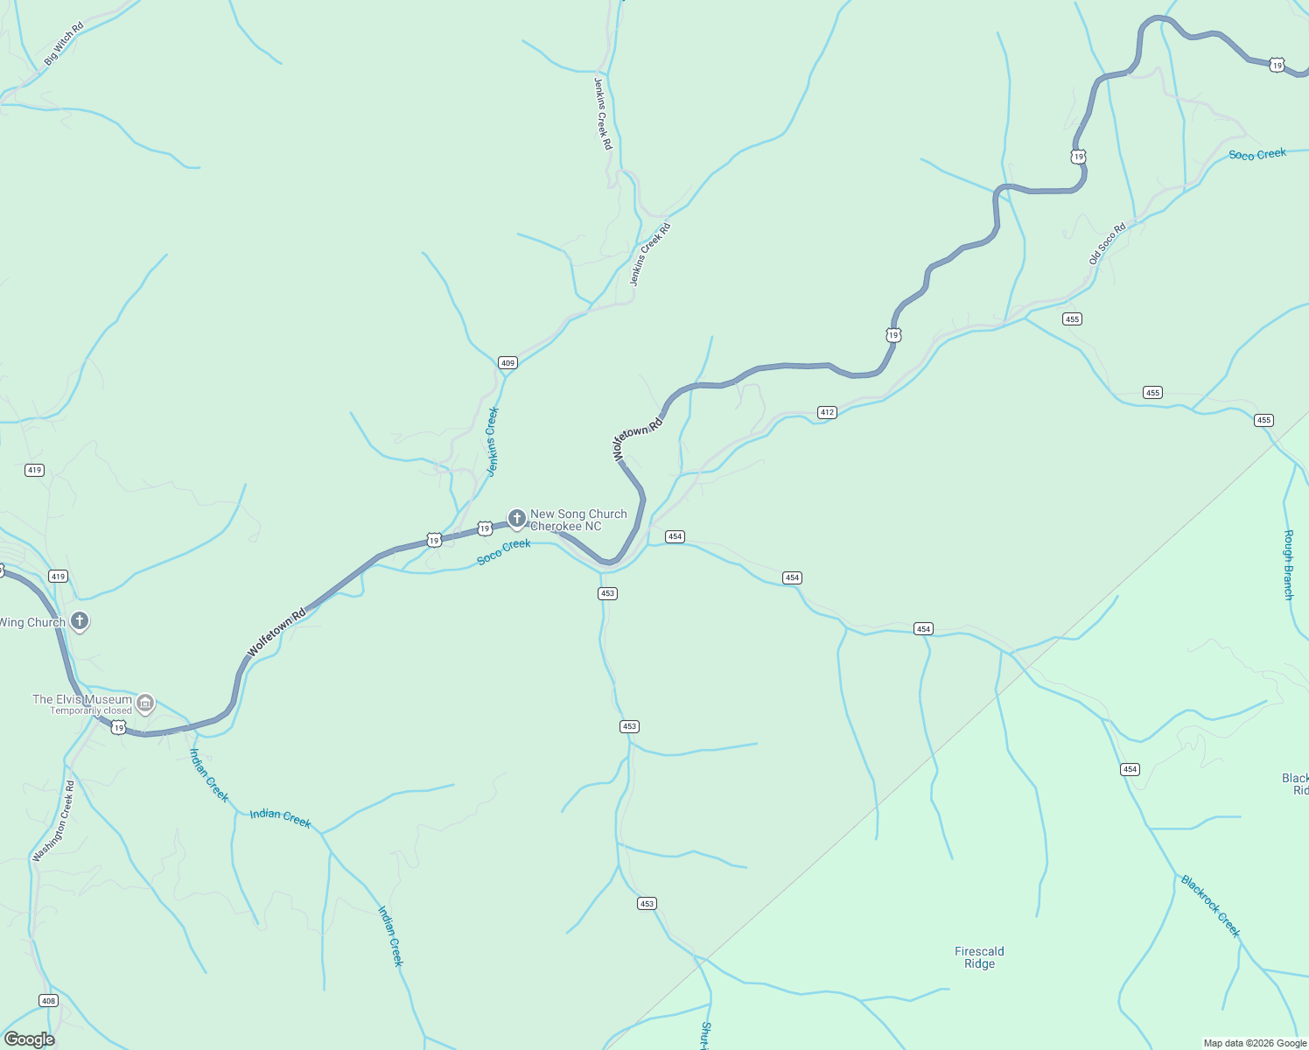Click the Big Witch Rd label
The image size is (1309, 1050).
tap(64, 44)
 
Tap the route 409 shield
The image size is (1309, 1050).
tap(507, 362)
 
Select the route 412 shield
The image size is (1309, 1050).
tap(827, 412)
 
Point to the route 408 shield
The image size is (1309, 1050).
tap(48, 1001)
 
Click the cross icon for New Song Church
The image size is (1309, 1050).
tap(516, 519)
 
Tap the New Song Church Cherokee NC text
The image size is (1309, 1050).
tap(578, 521)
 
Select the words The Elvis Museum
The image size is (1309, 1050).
tap(82, 699)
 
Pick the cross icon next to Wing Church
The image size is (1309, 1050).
tap(80, 621)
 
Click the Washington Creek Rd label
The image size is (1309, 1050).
tap(53, 822)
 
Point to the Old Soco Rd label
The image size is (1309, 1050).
tap(1107, 244)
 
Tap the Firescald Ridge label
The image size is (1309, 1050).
tap(979, 957)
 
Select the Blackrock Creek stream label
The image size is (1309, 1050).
tap(1210, 906)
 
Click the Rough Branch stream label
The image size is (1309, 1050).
tap(1288, 564)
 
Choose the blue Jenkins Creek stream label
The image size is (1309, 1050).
tap(492, 441)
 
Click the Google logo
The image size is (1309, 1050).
tap(29, 1039)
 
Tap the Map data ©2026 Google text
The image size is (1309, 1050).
tap(1254, 1043)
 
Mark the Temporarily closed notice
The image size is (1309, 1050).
tap(91, 710)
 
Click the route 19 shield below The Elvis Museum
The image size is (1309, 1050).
tap(118, 728)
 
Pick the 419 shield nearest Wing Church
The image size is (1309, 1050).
tap(58, 577)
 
